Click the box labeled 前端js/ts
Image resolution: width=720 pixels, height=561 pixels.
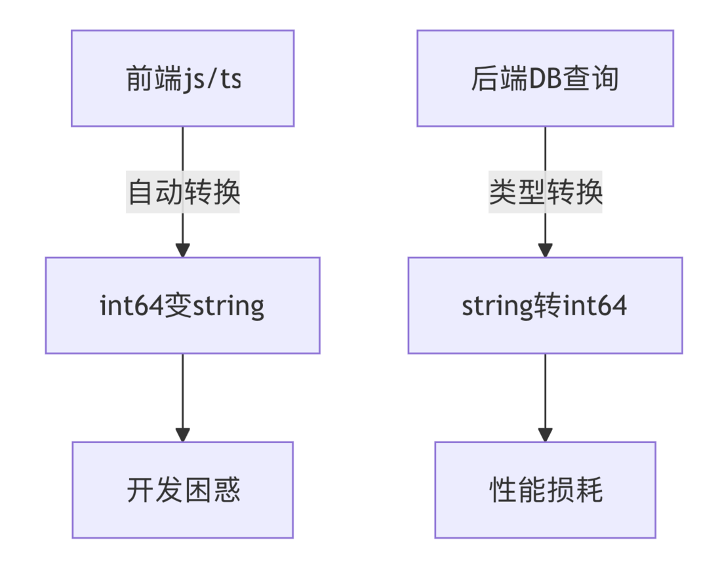182,78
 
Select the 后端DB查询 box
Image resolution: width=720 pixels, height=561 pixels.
545,78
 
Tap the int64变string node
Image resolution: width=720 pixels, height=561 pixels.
182,305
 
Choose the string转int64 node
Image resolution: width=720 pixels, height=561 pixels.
545,305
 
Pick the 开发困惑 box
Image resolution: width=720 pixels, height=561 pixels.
182,490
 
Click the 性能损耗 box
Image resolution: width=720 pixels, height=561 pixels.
545,490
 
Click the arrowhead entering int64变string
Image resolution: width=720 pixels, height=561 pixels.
183,250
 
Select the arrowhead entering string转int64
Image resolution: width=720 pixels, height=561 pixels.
545,250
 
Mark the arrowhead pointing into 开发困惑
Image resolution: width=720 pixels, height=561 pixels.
183,435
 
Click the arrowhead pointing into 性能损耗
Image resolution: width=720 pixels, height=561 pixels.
545,435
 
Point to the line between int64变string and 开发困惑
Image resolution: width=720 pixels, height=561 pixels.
183,390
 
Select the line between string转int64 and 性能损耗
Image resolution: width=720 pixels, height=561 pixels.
545,390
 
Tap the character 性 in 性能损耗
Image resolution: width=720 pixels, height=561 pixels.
502,490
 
